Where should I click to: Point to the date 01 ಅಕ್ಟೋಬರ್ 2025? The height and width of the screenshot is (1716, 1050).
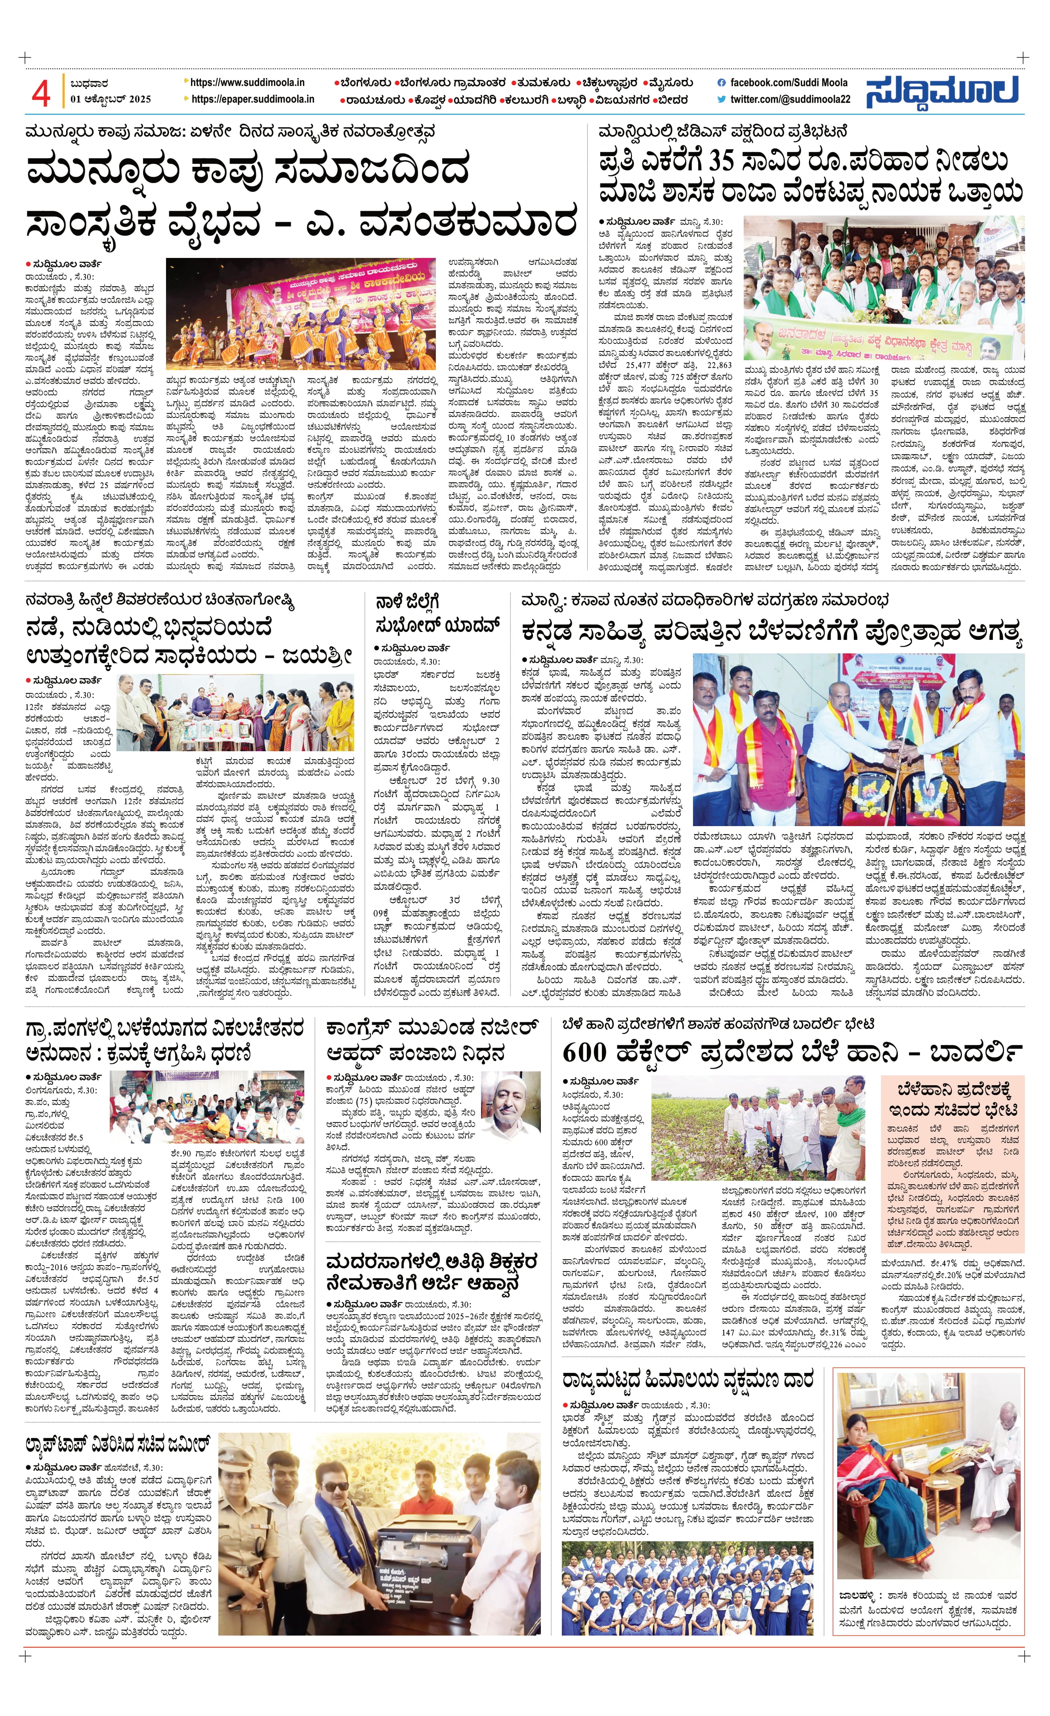[x=111, y=99]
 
